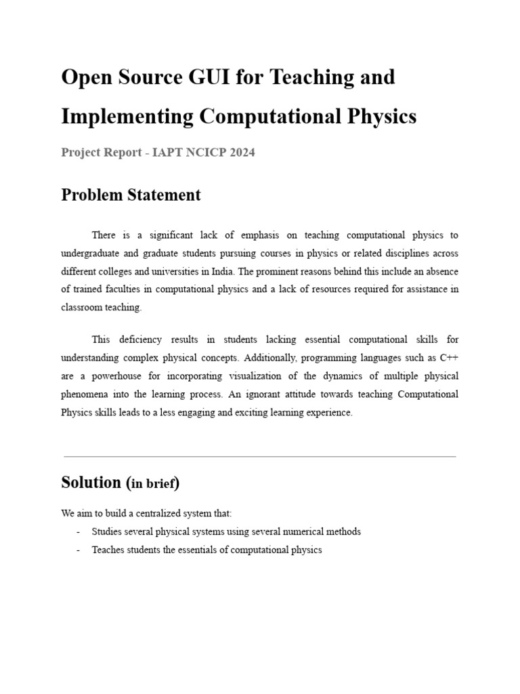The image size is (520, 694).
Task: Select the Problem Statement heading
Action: (x=131, y=195)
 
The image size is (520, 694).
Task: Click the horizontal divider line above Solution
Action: (x=259, y=457)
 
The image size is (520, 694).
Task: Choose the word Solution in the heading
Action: (x=91, y=483)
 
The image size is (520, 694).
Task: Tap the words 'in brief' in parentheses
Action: (x=153, y=484)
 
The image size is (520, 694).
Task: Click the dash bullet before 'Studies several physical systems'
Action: (x=79, y=531)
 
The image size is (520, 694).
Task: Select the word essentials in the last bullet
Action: (x=202, y=550)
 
